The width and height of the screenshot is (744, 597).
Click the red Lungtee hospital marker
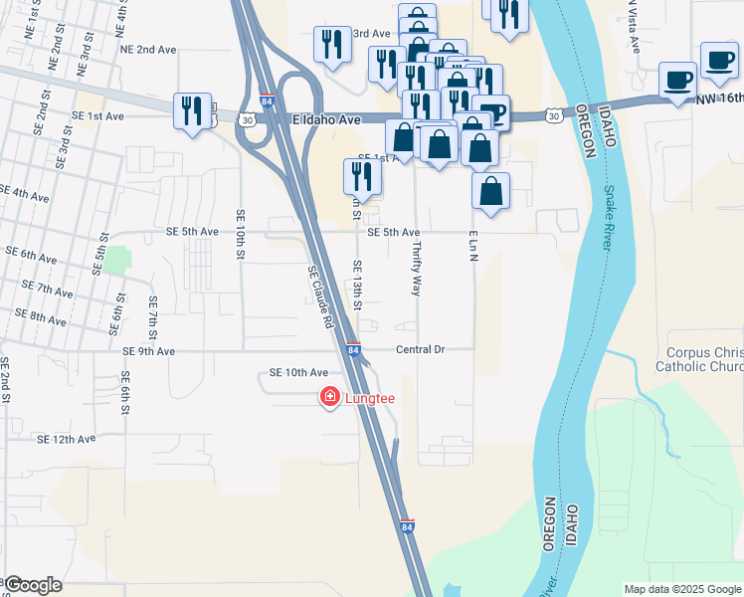[x=328, y=398]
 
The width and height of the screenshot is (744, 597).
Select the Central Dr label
[x=419, y=350]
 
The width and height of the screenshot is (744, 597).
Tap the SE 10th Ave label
[x=298, y=372]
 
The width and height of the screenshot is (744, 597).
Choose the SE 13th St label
[x=357, y=284]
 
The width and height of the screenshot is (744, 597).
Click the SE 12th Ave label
[x=66, y=439]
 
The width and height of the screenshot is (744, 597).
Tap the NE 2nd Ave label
[x=147, y=49]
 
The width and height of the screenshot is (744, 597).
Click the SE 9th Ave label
[x=149, y=351]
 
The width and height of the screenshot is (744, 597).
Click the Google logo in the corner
[x=33, y=586]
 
